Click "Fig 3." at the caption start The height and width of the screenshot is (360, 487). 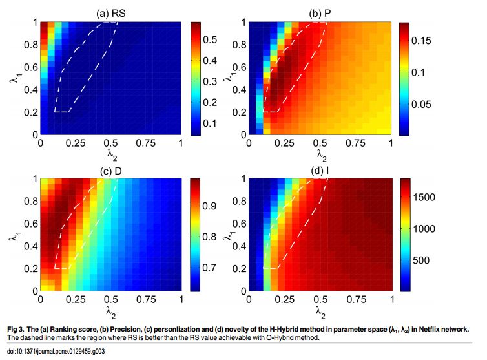coord(22,329)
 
